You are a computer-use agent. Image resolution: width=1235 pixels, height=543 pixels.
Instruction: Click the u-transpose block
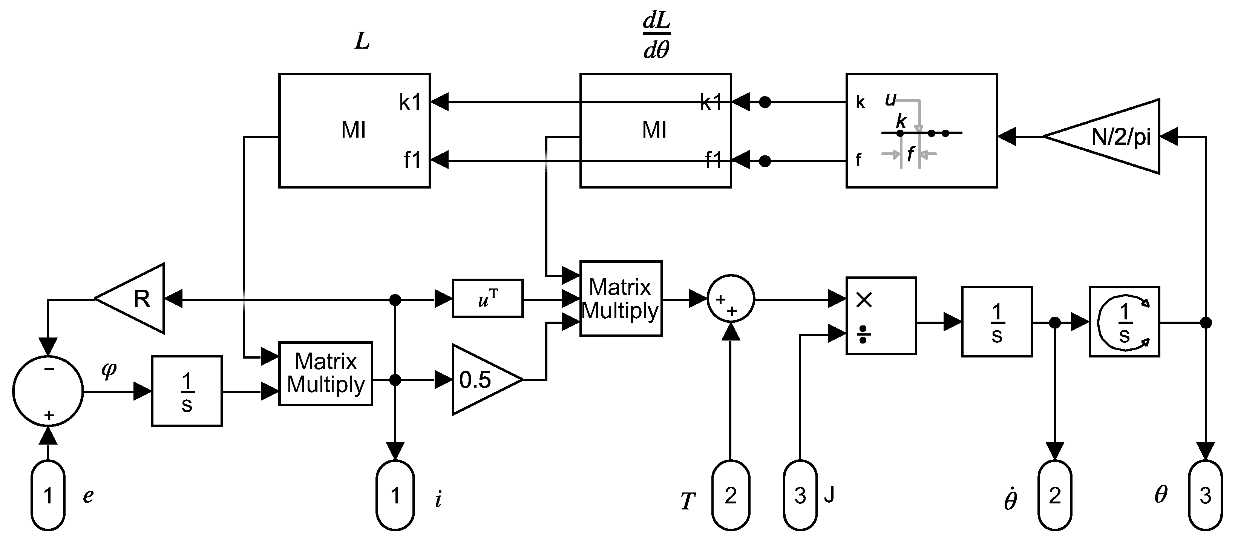[487, 298]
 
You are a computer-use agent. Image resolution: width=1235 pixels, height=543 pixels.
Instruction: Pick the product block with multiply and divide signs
[881, 316]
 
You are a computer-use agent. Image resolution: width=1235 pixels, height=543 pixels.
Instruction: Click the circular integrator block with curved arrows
[1124, 321]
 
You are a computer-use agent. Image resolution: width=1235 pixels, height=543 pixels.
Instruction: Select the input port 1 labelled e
[48, 495]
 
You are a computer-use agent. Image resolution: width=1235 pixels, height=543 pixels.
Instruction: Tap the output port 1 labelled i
[395, 495]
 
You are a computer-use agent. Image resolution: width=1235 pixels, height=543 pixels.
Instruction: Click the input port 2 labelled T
[730, 495]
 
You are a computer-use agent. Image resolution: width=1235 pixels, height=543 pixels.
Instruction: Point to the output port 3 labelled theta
[1205, 495]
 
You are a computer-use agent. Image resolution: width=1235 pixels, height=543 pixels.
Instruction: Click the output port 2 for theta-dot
[1054, 495]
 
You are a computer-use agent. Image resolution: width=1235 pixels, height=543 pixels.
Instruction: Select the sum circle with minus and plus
[48, 390]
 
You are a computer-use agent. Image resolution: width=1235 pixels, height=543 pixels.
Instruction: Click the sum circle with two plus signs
[731, 299]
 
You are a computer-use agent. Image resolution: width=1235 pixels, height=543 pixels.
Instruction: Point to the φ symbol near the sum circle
[109, 370]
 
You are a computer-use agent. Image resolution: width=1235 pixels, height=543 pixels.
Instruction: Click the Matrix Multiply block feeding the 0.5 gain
[326, 374]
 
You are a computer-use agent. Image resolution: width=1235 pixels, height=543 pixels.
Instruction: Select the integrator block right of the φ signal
[187, 391]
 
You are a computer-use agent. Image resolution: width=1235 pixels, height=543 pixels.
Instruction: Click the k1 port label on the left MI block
[410, 102]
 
